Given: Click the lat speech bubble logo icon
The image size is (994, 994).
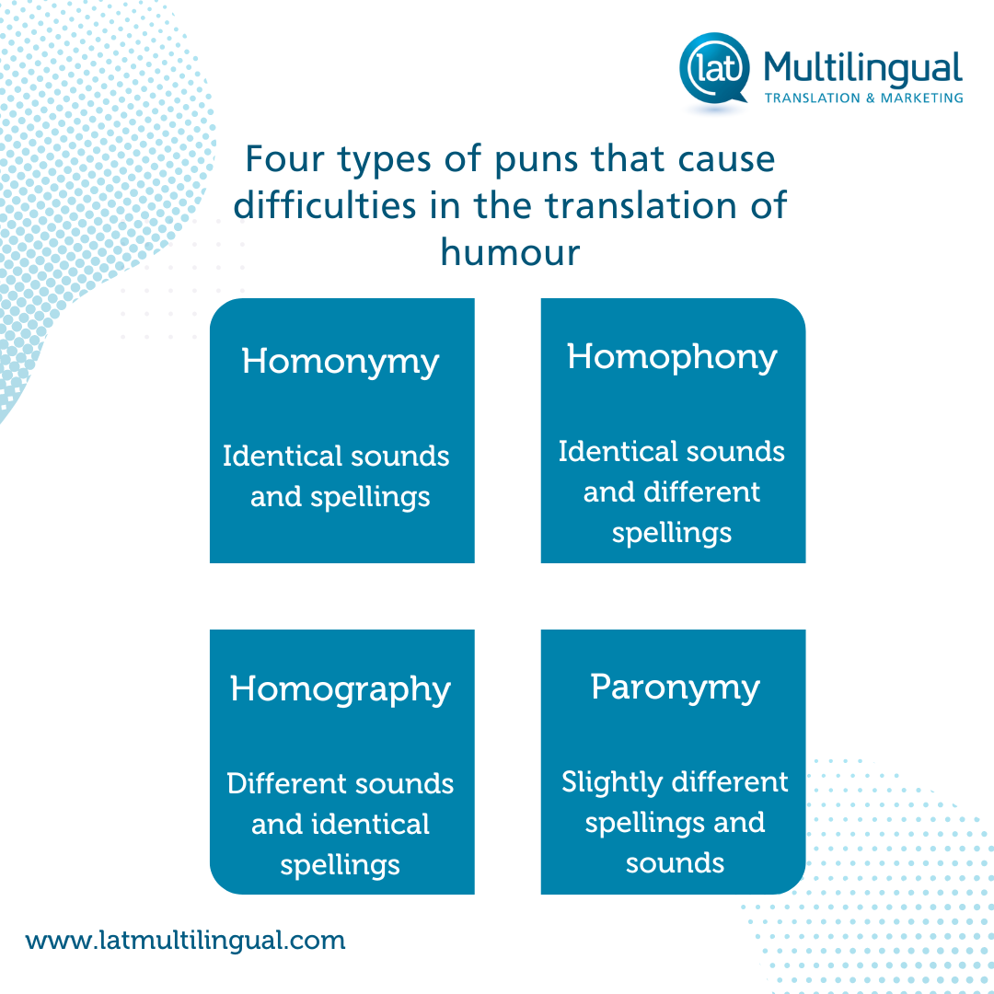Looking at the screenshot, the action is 714,68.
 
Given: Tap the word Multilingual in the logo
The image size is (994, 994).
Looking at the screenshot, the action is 862,68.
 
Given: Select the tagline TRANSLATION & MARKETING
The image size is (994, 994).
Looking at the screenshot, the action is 863,98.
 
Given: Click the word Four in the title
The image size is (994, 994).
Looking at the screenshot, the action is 284,158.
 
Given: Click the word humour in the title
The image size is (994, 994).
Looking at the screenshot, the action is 510,251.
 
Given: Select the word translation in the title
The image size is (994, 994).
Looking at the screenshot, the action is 641,205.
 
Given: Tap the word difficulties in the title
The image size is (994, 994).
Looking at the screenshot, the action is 325,205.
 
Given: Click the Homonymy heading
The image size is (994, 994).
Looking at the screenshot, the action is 341,362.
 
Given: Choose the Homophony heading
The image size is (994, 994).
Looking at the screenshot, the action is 672,357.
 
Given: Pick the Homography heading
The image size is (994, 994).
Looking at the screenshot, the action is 341,689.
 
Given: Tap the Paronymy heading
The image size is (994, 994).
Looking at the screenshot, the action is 676,688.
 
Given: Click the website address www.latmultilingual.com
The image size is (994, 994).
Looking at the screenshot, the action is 186,941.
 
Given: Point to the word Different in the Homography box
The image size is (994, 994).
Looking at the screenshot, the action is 276,783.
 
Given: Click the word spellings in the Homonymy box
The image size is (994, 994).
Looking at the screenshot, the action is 370,498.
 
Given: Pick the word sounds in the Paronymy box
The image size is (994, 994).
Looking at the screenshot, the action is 676,864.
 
